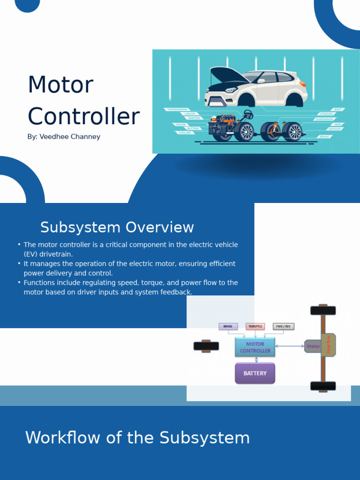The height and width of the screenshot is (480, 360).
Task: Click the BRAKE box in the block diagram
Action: (x=228, y=326)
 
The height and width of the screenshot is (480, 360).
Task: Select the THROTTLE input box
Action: (x=255, y=326)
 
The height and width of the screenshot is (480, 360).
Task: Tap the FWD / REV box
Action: (x=284, y=326)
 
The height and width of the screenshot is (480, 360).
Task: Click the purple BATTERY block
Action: (x=255, y=373)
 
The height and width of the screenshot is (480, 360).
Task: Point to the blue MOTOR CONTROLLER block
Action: (x=255, y=347)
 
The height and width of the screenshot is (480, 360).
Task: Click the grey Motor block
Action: (x=312, y=346)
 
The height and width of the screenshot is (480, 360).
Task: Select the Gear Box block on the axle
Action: (x=329, y=345)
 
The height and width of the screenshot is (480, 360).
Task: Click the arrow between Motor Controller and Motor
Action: (x=290, y=346)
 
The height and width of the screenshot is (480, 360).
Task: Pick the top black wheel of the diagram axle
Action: (x=323, y=310)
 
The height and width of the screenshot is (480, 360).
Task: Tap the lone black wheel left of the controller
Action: (x=206, y=346)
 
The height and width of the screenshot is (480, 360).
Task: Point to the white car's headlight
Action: (x=231, y=90)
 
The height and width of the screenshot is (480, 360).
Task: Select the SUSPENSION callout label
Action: (x=324, y=119)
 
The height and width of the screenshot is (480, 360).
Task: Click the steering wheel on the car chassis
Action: (x=248, y=114)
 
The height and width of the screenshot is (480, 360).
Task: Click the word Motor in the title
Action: (x=60, y=85)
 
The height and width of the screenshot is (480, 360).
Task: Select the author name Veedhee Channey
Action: (x=70, y=137)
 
